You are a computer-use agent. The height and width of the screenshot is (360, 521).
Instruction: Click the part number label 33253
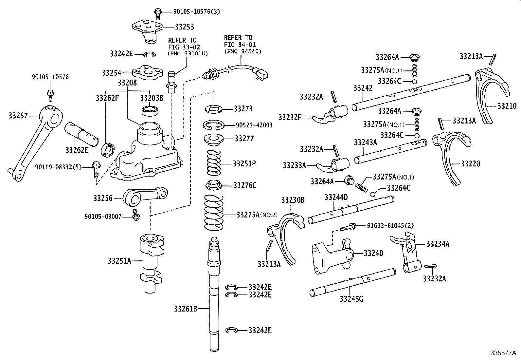pyautogui.click(x=184, y=27)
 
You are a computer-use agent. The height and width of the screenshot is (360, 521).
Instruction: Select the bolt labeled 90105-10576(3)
pyautogui.click(x=158, y=13)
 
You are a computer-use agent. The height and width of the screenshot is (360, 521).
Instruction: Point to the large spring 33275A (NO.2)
pyautogui.click(x=213, y=213)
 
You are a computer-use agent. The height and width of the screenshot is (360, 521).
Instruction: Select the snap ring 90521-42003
pyautogui.click(x=214, y=125)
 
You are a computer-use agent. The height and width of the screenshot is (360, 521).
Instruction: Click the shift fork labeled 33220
pyautogui.click(x=452, y=157)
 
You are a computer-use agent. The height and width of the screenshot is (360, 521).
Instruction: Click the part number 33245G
pyautogui.click(x=351, y=299)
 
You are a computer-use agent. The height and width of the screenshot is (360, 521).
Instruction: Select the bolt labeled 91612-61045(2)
pyautogui.click(x=349, y=227)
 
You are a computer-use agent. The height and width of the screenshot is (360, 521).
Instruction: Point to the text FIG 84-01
pyautogui.click(x=240, y=45)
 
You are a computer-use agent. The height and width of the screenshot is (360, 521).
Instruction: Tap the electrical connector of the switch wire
pyautogui.click(x=262, y=75)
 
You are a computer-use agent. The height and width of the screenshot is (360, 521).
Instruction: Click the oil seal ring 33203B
pyautogui.click(x=150, y=110)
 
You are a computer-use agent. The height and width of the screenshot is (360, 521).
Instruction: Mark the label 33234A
pyautogui.click(x=438, y=244)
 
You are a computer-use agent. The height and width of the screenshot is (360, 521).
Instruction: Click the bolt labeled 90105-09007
pyautogui.click(x=135, y=215)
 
